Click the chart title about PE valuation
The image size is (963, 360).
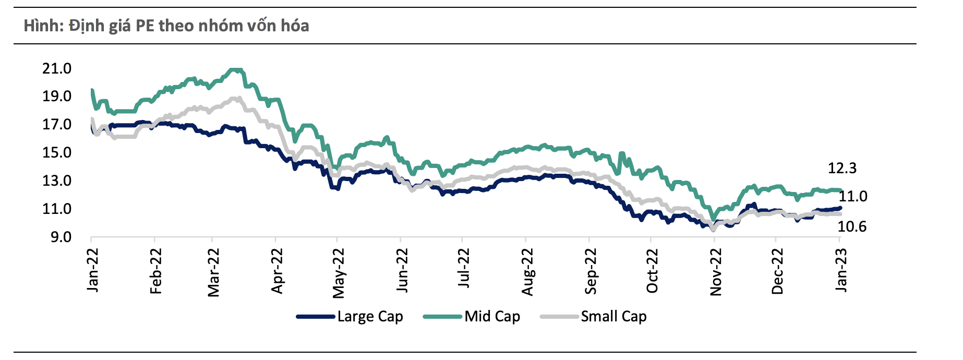[166, 26]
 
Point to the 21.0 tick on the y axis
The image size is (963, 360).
[57, 68]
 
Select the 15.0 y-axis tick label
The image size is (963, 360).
[57, 152]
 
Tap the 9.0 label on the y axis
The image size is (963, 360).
[61, 237]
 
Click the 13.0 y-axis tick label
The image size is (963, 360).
[57, 181]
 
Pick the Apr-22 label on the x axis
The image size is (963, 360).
[277, 270]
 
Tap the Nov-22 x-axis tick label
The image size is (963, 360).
[716, 271]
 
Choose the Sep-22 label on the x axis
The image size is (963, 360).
[590, 270]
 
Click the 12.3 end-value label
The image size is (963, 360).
[842, 168]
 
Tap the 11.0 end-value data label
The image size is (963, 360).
[853, 196]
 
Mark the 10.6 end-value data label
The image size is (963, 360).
[852, 226]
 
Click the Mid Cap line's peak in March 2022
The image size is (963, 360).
[236, 69]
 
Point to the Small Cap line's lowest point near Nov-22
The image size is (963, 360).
[713, 229]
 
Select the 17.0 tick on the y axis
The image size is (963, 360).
[57, 124]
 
